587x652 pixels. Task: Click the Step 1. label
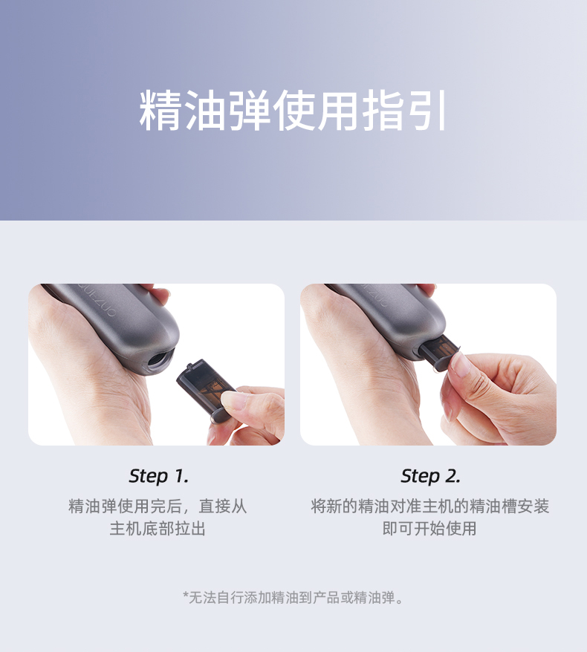point(158,477)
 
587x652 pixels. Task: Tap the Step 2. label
point(430,477)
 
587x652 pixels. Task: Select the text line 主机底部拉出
point(158,529)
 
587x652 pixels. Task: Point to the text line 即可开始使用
point(429,529)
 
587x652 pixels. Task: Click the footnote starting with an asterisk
point(293,598)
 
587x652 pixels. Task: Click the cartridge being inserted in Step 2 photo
point(440,352)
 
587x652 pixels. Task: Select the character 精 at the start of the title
point(160,111)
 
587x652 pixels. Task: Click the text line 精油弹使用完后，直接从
point(158,506)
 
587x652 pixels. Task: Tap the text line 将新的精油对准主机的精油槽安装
point(429,506)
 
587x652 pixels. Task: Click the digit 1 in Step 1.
point(179,477)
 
